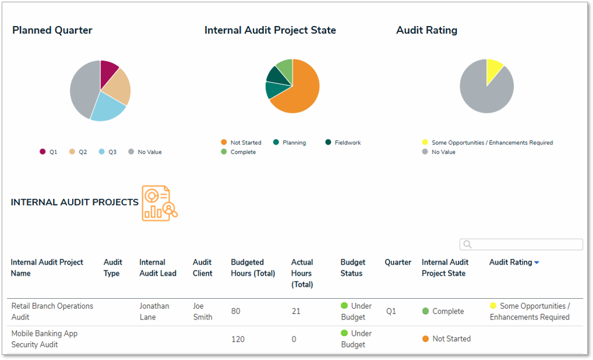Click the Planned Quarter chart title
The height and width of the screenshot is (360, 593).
[x=52, y=30]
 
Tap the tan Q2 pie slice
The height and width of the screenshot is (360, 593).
[x=120, y=87]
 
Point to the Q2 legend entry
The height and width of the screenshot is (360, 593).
[x=78, y=152]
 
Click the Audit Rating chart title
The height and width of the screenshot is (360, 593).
[x=426, y=30]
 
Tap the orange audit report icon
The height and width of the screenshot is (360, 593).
[x=159, y=203]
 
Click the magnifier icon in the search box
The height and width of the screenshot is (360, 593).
[x=468, y=244]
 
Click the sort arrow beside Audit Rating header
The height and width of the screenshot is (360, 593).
[x=536, y=263]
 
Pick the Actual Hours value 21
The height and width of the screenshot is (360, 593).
[x=296, y=311]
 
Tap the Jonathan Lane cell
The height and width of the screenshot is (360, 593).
[x=154, y=311]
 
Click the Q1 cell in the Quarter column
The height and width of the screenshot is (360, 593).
[x=391, y=311]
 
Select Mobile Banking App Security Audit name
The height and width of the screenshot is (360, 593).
[x=44, y=339]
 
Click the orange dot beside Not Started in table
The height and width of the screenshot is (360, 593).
[x=426, y=339]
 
